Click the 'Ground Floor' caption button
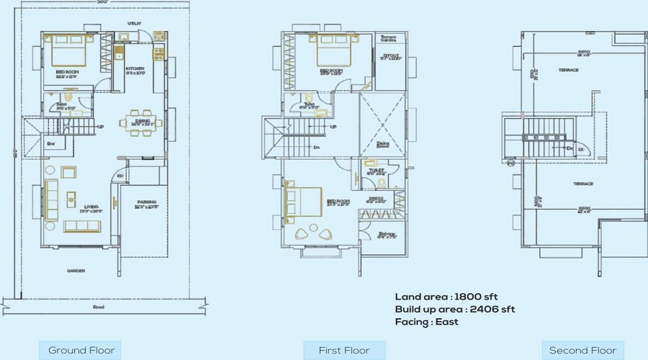coord(81,351)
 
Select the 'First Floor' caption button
coord(344,351)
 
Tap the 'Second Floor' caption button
coord(582,351)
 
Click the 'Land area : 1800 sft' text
coord(446,297)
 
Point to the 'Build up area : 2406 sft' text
coord(454,309)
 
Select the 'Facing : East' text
coord(426,322)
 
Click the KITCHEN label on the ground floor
coord(135,68)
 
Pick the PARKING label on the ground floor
coord(146,206)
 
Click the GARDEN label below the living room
coord(76,271)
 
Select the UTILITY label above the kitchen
coord(135,24)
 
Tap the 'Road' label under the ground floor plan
coord(98,307)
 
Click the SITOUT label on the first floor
coord(390,55)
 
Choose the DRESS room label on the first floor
coord(375,198)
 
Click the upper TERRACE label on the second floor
coord(569,70)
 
